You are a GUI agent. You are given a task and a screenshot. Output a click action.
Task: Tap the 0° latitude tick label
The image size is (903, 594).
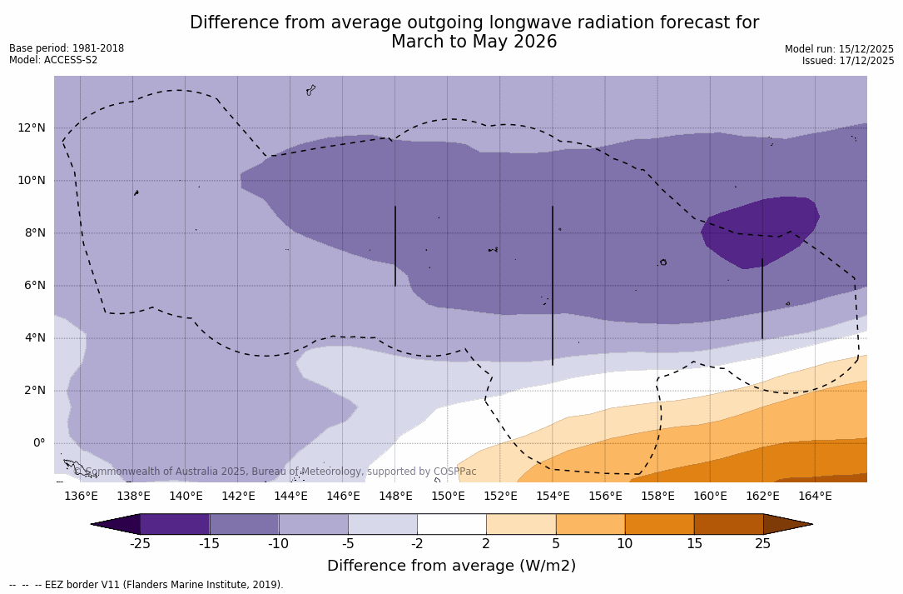pos(38,442)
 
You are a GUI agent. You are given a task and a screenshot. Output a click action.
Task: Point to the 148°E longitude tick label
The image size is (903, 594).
pos(395,497)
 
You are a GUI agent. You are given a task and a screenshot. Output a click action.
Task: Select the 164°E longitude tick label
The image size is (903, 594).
pos(815,497)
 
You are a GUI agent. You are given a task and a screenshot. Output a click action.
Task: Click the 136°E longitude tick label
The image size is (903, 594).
pos(81,497)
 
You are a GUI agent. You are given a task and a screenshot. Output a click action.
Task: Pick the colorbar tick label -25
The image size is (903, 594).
pos(140,544)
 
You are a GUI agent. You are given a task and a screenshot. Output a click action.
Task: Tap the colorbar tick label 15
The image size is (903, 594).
pos(693,544)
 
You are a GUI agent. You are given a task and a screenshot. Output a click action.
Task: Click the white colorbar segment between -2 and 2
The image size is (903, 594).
pos(451,524)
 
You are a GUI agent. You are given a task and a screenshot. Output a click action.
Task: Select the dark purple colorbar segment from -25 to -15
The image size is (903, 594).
pos(175,524)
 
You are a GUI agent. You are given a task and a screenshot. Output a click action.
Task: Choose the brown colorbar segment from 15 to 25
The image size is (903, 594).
pos(728,524)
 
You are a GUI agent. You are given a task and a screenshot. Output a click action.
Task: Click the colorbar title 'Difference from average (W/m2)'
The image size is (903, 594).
pos(451,566)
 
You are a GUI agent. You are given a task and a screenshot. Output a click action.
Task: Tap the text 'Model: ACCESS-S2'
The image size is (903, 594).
pos(53,60)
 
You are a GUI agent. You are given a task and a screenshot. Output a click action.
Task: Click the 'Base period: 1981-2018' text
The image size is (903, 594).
pos(67,48)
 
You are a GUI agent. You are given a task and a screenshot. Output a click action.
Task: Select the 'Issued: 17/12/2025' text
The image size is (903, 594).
pos(847,61)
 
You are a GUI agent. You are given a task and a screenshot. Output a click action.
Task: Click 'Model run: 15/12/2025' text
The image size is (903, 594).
pos(839,49)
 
